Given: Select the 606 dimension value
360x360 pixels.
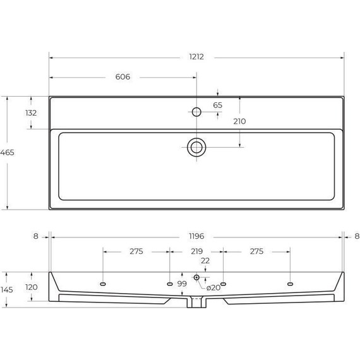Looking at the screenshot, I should tap(123, 77).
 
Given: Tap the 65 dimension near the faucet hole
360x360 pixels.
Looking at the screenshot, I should tap(217, 105).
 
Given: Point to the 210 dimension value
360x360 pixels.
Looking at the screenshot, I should tap(239, 121).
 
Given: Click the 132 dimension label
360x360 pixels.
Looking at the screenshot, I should tap(30, 113).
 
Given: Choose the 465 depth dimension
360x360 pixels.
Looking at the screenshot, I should tap(7, 153).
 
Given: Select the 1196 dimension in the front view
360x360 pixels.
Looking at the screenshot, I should tap(196, 236).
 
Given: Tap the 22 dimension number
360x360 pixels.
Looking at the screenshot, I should tap(205, 261).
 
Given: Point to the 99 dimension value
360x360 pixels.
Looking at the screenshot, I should tap(182, 283).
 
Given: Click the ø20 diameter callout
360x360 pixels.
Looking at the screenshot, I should tap(213, 287).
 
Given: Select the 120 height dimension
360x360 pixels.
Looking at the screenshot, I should tap(30, 287).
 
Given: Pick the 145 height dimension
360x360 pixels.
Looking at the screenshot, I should tap(7, 290).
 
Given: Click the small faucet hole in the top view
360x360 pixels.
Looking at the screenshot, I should tap(196, 112).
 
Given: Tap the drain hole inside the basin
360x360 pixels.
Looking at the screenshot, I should tap(196, 148).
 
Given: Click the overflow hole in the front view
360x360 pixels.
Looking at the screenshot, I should tap(196, 277).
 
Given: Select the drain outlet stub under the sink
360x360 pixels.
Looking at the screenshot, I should tap(196, 303).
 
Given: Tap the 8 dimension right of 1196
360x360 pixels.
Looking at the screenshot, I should tap(357, 236).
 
